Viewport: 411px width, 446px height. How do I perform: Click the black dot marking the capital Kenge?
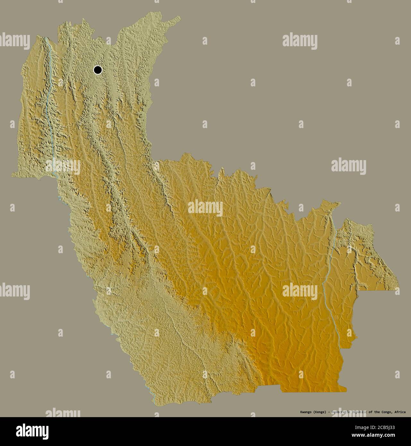pyautogui.click(x=98, y=70)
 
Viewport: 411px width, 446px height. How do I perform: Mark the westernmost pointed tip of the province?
pyautogui.click(x=12, y=175)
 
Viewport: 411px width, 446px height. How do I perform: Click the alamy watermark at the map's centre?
pyautogui.click(x=205, y=208)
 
